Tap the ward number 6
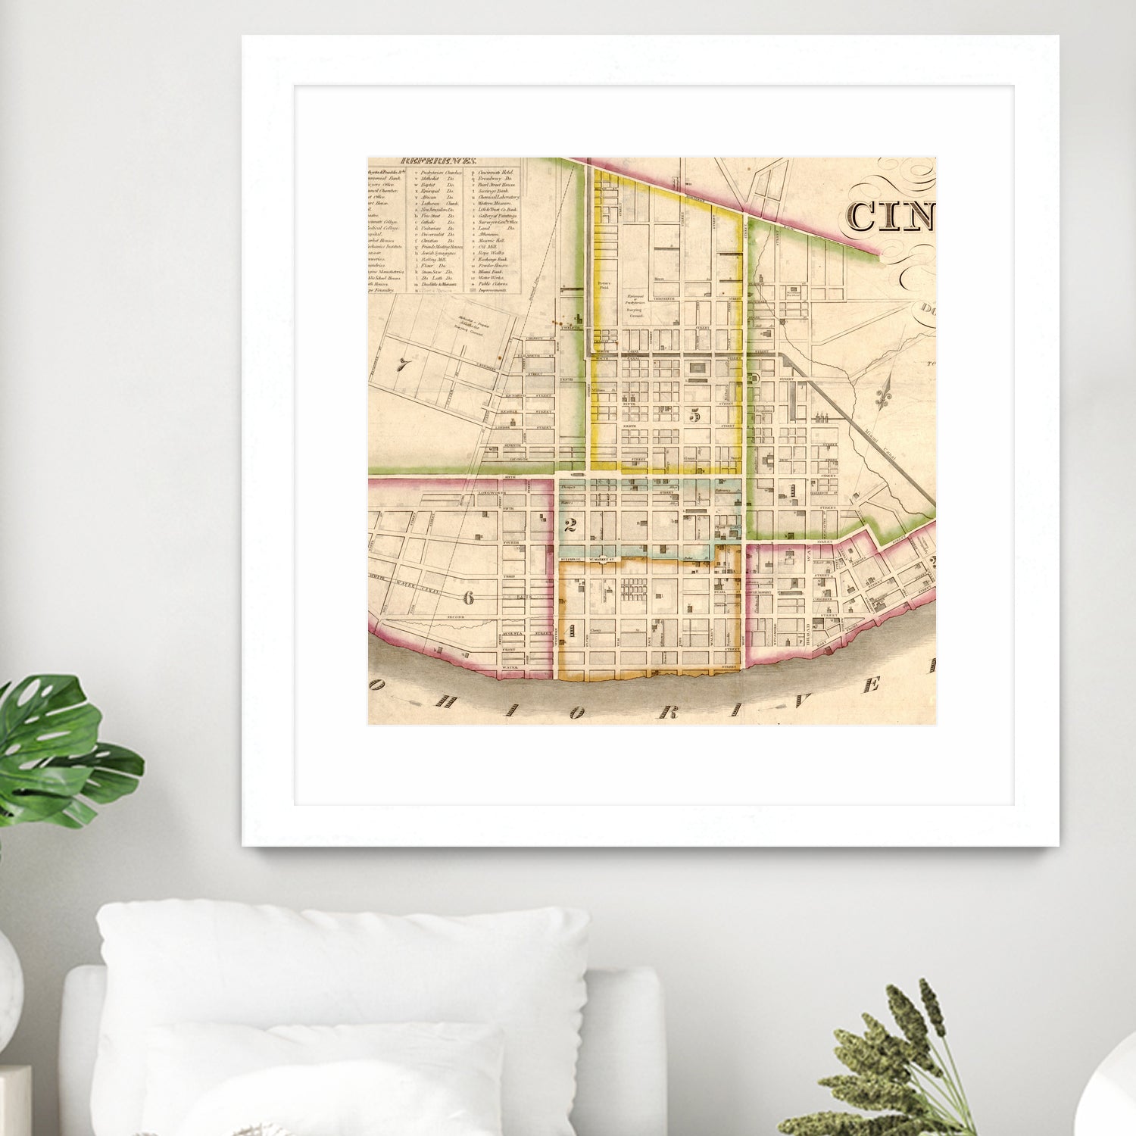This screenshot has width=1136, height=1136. tap(468, 598)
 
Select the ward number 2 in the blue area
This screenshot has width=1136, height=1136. tap(571, 525)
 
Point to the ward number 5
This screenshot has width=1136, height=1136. tap(695, 414)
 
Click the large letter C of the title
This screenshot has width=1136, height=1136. tap(862, 216)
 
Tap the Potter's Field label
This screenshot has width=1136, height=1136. tap(604, 286)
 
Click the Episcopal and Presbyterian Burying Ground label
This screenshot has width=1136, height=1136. tap(635, 304)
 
